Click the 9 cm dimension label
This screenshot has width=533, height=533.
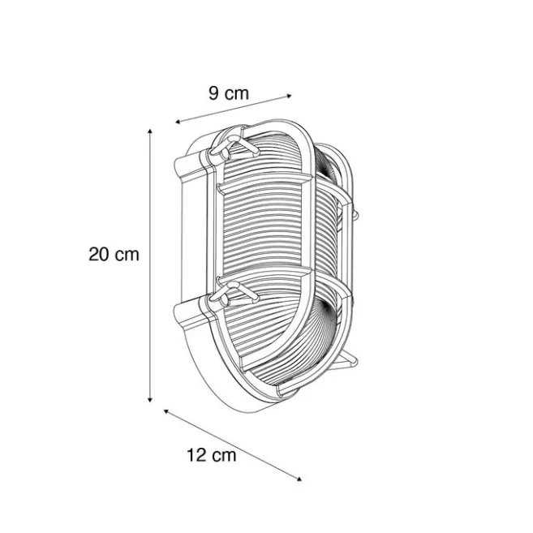(229, 93)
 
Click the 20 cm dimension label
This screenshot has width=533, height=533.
(114, 254)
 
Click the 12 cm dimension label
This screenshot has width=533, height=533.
(212, 455)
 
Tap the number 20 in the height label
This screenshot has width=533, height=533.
(99, 254)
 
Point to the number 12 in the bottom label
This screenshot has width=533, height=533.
(196, 455)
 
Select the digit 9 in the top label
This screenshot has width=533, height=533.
(213, 93)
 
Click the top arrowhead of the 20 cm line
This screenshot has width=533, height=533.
(149, 131)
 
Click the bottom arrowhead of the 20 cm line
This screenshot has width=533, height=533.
(149, 400)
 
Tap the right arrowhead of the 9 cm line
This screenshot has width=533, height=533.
(289, 96)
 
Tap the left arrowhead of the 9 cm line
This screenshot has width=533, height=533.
(178, 122)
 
